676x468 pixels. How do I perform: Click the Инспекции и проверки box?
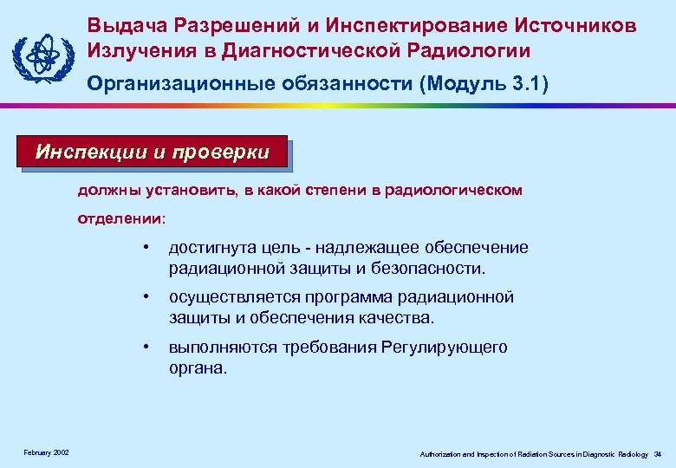tap(152, 153)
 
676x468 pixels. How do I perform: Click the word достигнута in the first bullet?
tap(209, 249)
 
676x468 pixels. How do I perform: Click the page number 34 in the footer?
tap(658, 454)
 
